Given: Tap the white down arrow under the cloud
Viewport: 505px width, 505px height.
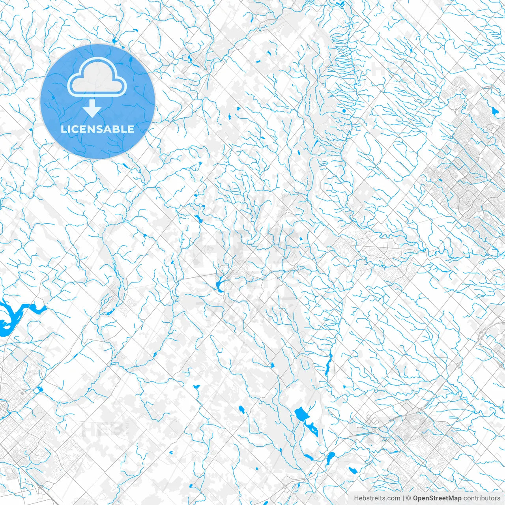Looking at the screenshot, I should (92, 108).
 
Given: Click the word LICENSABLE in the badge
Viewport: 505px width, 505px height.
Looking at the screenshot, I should (97, 129).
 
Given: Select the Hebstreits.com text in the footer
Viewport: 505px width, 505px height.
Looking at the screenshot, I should (377, 498).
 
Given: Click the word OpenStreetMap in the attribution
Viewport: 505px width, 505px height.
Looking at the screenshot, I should (437, 498).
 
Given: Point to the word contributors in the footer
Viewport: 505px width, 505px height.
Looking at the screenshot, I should (481, 498).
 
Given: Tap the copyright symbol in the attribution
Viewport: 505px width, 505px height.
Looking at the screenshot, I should (409, 498).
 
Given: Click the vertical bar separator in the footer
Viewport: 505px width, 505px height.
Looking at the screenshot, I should (403, 498).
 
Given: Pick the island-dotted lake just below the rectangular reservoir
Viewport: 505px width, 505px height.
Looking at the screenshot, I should (312, 428).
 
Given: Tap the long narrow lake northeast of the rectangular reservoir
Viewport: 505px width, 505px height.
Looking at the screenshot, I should (328, 365).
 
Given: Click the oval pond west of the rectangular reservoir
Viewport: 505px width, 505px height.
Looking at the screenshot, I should (241, 410).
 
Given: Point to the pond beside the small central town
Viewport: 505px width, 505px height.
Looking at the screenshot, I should (219, 284).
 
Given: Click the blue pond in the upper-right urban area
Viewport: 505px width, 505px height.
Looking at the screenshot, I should (495, 111).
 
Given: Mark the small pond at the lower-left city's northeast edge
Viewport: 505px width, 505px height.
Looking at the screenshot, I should (39, 390).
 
